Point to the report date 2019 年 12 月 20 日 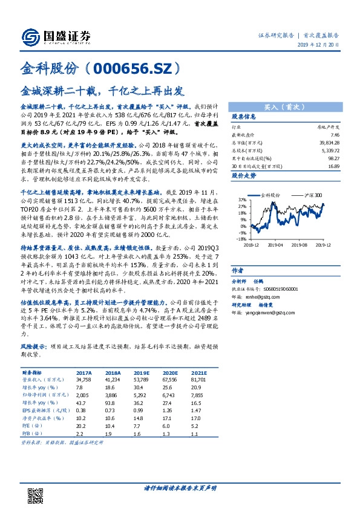click(x=319, y=46)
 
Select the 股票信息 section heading click(x=244, y=116)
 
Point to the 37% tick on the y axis click(x=241, y=199)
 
